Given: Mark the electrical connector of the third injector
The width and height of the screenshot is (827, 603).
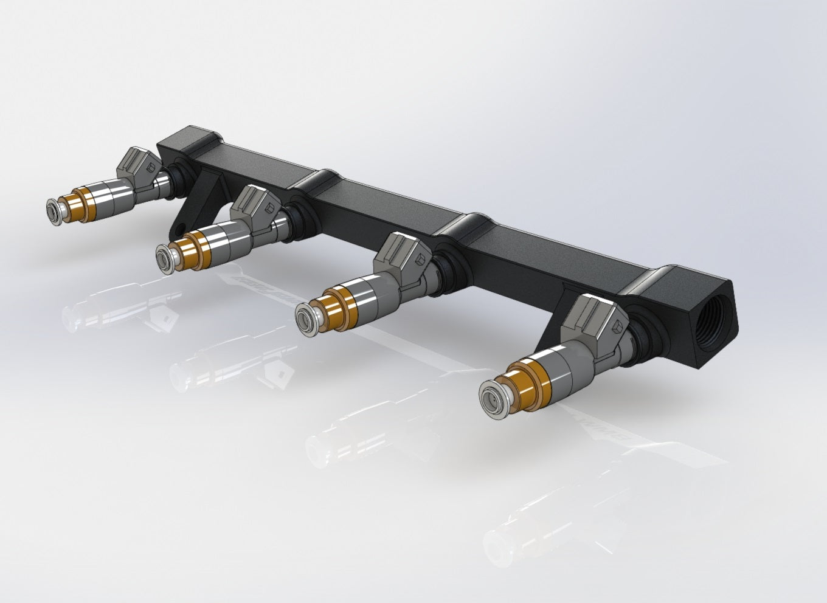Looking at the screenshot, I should [x=405, y=252].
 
